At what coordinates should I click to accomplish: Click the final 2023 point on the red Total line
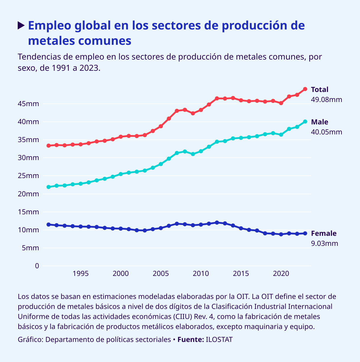(x=305, y=89)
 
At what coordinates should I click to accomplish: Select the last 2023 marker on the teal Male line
(x=305, y=121)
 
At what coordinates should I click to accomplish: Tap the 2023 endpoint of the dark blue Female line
(x=305, y=233)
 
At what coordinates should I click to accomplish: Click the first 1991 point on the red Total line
(x=49, y=146)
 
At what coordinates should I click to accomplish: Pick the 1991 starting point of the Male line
(x=49, y=187)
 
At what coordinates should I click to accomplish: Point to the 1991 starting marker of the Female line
(x=49, y=225)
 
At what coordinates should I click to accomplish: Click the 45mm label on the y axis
(x=28, y=104)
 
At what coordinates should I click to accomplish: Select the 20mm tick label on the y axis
(x=28, y=194)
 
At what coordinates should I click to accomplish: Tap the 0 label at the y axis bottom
(x=37, y=266)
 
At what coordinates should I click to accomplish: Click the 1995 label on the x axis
(x=81, y=274)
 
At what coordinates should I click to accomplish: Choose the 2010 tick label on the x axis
(x=201, y=274)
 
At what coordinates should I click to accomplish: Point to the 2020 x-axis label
(x=281, y=274)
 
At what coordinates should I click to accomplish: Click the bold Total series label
(x=320, y=90)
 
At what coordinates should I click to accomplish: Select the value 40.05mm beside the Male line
(x=326, y=132)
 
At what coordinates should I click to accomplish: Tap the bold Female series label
(x=324, y=233)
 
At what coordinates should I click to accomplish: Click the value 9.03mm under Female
(x=325, y=243)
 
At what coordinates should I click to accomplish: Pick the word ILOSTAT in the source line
(x=219, y=340)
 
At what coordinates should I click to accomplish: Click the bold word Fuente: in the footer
(x=191, y=340)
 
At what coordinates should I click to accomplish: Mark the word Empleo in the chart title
(x=50, y=26)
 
